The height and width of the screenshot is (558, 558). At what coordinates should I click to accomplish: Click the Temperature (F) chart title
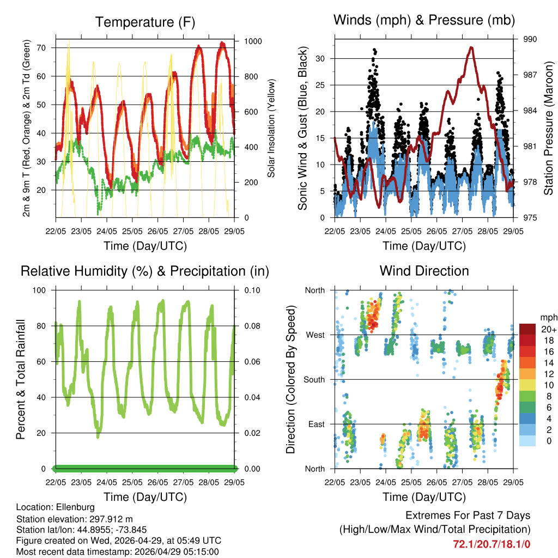click(145, 22)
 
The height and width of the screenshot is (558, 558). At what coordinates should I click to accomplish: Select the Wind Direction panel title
click(424, 271)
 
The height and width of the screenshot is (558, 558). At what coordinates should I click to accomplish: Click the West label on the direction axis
click(315, 335)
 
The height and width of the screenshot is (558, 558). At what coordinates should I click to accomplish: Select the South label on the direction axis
click(314, 379)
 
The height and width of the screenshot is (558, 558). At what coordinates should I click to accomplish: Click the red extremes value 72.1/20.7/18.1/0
click(492, 544)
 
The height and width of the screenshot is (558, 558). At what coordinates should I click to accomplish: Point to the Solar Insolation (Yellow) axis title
click(271, 129)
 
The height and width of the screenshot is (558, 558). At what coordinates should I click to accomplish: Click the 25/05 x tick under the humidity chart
click(132, 483)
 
